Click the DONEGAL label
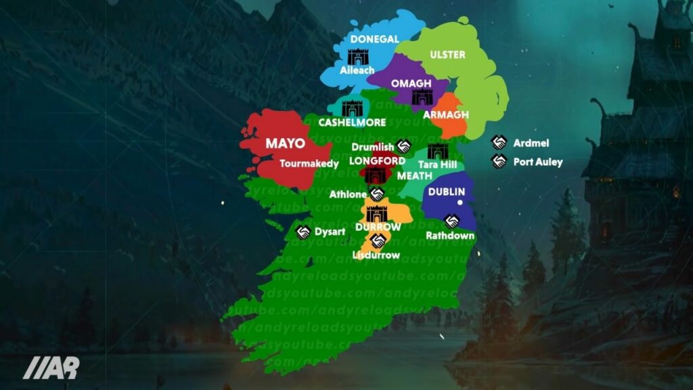pos(374,39)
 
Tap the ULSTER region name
pos(447,54)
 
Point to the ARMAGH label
pos(445,114)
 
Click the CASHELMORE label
pos(352,123)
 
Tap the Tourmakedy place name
pos(309,163)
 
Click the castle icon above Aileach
pos(356,56)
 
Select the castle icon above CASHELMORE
pos(353,108)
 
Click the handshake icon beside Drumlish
pos(405,146)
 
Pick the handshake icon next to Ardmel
pos(499,143)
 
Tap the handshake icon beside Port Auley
pos(499,162)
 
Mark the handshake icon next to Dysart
pos(304,232)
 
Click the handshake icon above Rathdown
pos(451,221)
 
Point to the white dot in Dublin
pos(460,202)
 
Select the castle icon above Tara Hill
pos(437,150)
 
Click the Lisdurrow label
pos(376,255)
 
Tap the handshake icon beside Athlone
pos(378,194)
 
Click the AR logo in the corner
pos(51,367)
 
